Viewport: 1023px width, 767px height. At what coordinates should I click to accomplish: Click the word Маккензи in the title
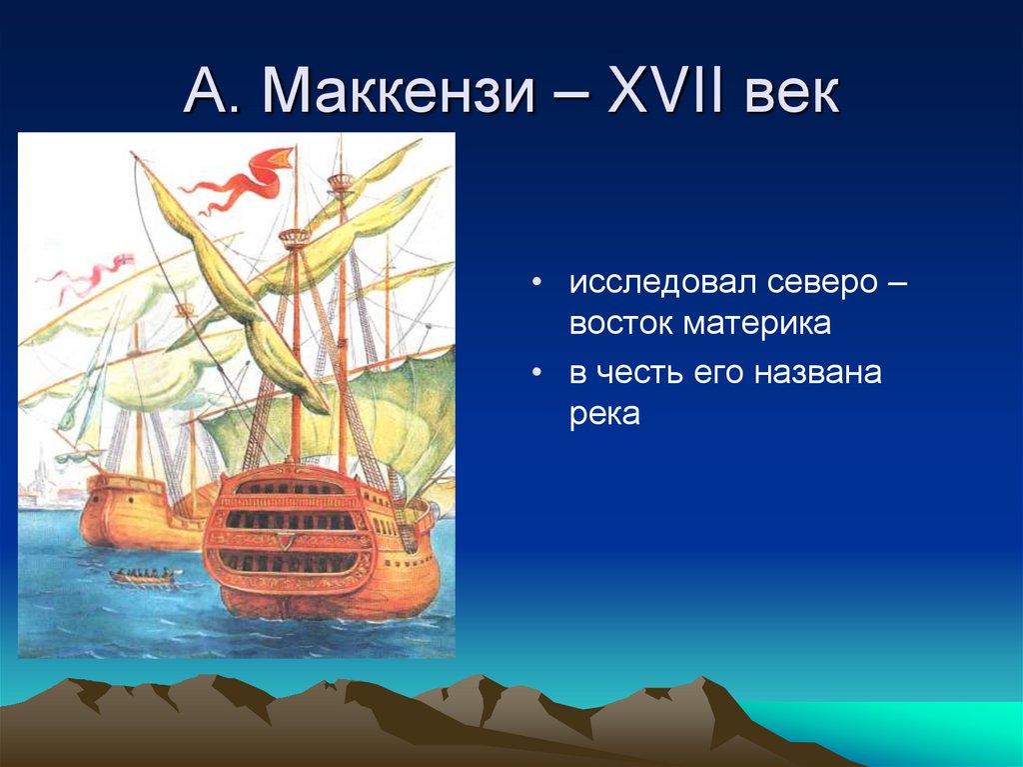pyautogui.click(x=398, y=91)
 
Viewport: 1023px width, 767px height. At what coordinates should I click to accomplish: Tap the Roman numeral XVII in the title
pyautogui.click(x=665, y=90)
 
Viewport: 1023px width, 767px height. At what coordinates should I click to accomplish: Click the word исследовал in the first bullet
pyautogui.click(x=659, y=282)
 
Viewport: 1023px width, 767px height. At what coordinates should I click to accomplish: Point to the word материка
pyautogui.click(x=757, y=324)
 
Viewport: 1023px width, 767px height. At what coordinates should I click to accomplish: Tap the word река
pyautogui.click(x=604, y=415)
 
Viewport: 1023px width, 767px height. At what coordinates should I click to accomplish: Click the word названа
pyautogui.click(x=818, y=373)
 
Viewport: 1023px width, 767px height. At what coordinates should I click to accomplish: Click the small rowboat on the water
pyautogui.click(x=144, y=577)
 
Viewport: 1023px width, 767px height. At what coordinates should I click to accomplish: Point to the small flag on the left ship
pyautogui.click(x=125, y=260)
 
